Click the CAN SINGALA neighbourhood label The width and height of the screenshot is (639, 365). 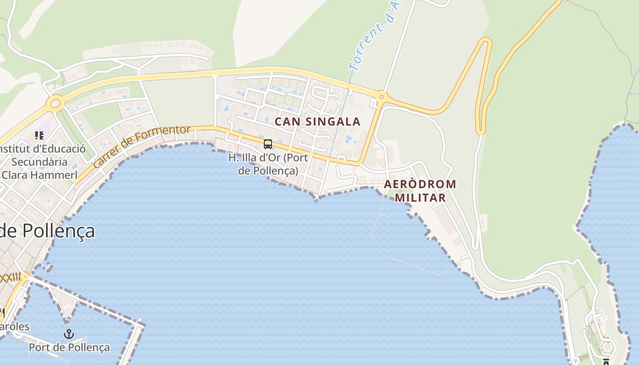(x=317, y=121)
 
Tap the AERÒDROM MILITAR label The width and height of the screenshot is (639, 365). (x=420, y=191)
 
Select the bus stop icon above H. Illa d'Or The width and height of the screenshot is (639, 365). (x=268, y=144)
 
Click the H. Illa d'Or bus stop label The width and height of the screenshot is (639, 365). (x=268, y=164)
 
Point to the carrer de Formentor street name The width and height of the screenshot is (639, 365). (x=141, y=146)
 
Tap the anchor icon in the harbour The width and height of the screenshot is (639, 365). (x=68, y=334)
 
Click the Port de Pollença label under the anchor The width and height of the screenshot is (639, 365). (x=69, y=348)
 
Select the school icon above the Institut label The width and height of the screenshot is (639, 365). (x=39, y=136)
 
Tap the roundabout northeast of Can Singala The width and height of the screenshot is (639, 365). (x=381, y=96)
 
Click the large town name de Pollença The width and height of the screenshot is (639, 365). (x=47, y=231)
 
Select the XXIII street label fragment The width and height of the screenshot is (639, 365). (x=10, y=277)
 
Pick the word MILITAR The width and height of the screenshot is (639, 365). (x=420, y=198)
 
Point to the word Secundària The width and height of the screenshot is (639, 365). (x=39, y=162)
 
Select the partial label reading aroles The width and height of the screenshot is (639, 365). (x=15, y=327)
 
